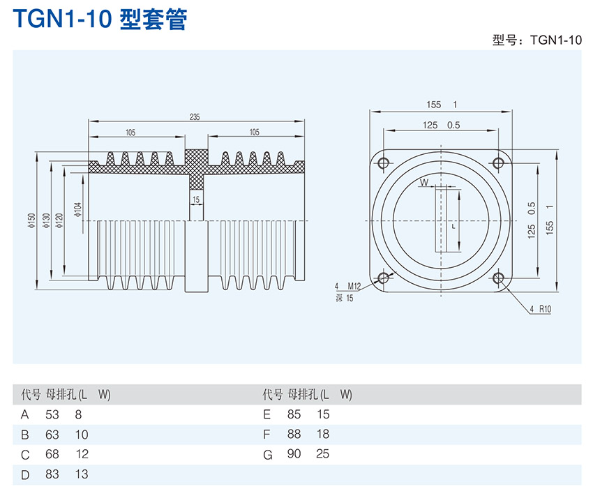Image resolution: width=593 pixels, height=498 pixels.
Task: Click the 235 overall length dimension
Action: (195, 116)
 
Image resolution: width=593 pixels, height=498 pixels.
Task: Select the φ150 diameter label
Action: (31, 220)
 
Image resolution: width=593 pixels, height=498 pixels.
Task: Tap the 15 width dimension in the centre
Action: (196, 199)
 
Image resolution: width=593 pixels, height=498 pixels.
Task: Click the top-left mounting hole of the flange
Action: (382, 163)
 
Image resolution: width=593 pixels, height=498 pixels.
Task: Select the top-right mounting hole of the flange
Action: (498, 163)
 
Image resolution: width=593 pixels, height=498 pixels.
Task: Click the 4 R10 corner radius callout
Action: (540, 309)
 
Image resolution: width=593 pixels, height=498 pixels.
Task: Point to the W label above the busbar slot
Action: (423, 183)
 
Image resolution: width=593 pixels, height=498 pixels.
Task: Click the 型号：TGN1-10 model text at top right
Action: (536, 40)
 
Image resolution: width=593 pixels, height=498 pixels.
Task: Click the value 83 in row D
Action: (52, 474)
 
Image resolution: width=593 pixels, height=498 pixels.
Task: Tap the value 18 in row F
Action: (322, 434)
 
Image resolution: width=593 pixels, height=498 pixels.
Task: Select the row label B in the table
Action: (25, 435)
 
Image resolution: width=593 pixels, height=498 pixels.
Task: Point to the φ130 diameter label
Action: (46, 220)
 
